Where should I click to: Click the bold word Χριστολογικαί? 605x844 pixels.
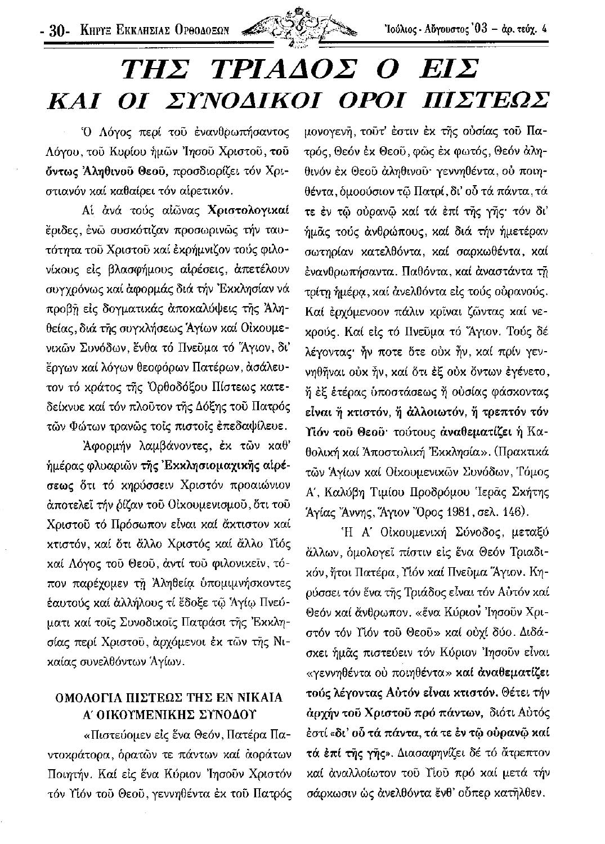pos(248,211)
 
